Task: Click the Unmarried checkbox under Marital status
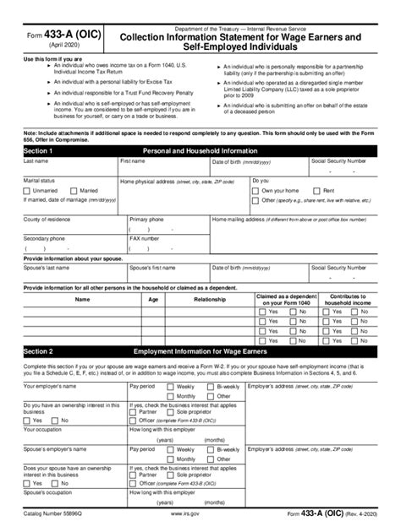pyautogui.click(x=29, y=190)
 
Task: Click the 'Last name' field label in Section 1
pyautogui.click(x=36, y=160)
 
